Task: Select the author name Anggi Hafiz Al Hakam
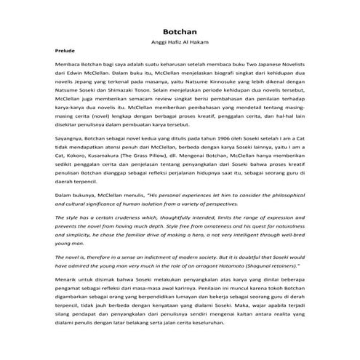pyautogui.click(x=180, y=43)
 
